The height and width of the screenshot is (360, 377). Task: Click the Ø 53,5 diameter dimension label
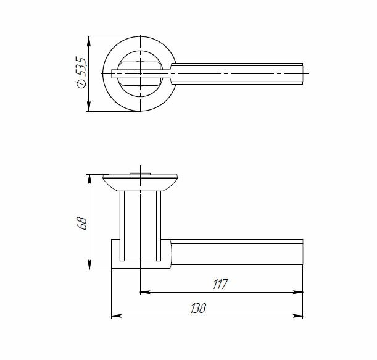81,73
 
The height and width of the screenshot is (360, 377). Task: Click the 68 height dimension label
81,224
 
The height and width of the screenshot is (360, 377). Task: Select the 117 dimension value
220,284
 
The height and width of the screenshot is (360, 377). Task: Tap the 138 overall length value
198,308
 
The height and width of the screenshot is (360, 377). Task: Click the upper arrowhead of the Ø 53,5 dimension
89,41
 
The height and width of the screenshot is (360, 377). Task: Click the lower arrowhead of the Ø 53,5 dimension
89,106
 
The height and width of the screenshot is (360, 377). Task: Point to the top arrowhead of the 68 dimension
89,179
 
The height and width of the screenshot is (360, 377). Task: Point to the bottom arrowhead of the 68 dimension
89,264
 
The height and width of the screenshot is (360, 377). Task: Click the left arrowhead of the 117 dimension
145,292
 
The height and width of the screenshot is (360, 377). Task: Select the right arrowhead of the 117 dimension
298,292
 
